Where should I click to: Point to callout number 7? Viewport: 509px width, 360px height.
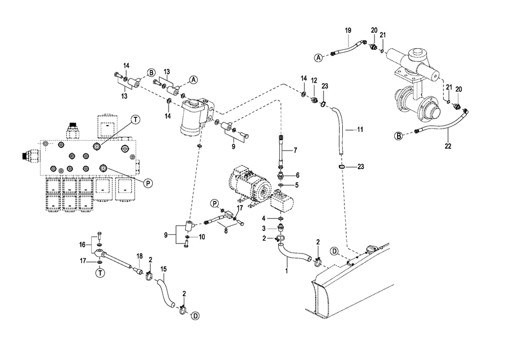[x=294, y=150]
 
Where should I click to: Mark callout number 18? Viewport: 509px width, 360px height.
[x=139, y=256]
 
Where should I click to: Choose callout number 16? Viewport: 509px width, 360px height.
[x=83, y=245]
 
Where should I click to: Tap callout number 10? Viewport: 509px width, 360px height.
[x=202, y=237]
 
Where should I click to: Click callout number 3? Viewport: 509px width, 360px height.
[x=264, y=228]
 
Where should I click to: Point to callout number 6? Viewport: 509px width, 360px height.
[x=297, y=175]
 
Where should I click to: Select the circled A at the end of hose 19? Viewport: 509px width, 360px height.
[x=319, y=57]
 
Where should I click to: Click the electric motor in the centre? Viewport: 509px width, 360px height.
[x=249, y=184]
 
